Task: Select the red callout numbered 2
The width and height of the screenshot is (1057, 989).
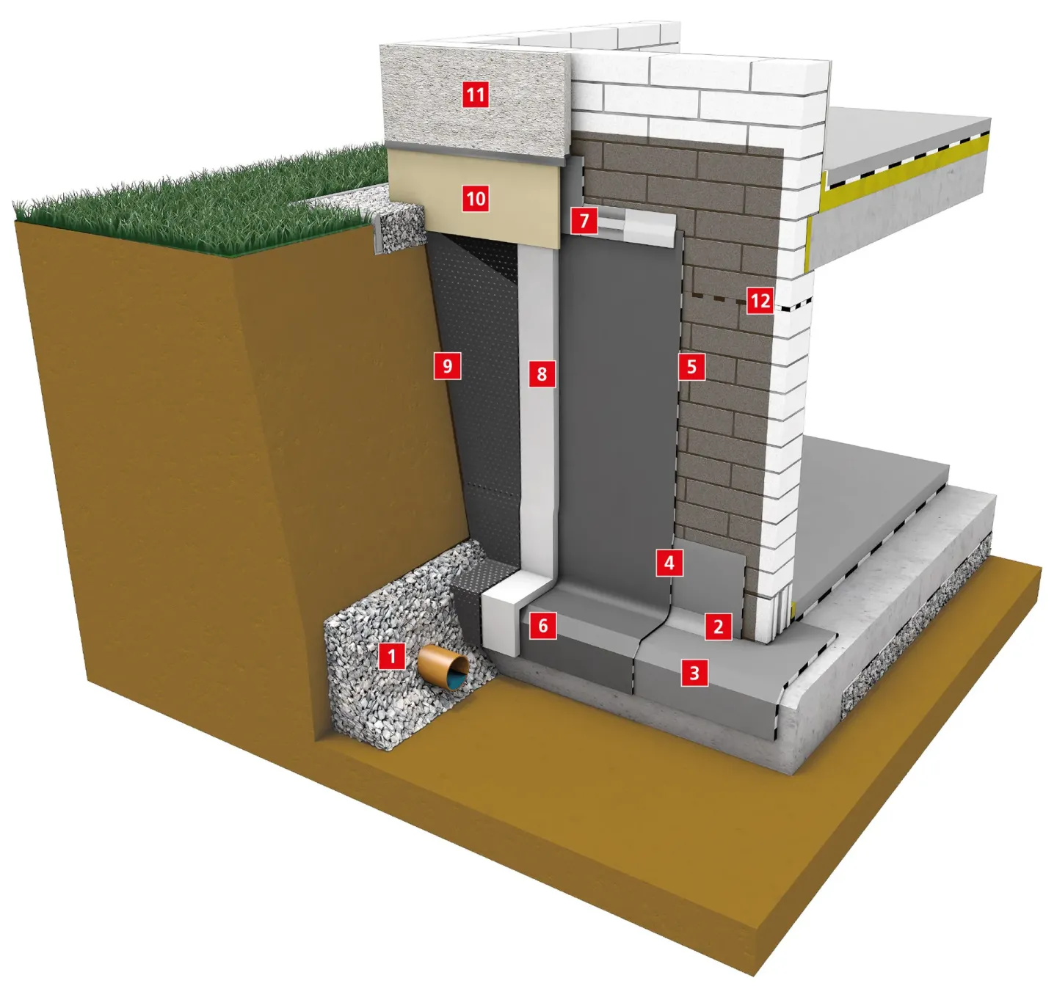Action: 718,627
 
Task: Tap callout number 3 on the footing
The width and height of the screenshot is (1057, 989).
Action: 694,674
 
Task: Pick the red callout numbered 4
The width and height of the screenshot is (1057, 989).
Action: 669,563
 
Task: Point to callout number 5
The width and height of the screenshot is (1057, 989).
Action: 692,366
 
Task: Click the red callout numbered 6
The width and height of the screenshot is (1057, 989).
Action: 543,625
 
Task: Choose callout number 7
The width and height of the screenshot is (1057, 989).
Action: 584,221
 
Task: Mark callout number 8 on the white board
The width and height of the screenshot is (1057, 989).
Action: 542,374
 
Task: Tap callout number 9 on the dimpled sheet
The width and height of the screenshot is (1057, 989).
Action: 447,366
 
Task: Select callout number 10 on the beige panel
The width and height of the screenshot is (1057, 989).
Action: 475,199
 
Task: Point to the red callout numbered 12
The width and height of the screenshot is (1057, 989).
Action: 760,301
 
